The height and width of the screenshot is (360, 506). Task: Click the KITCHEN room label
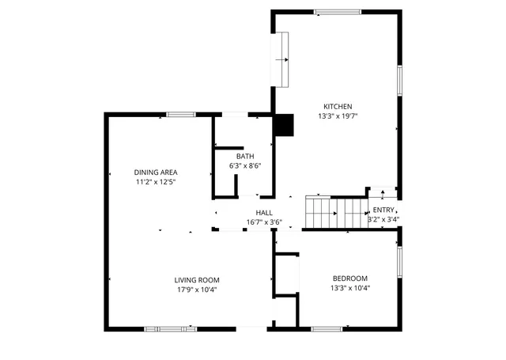pyautogui.click(x=337, y=107)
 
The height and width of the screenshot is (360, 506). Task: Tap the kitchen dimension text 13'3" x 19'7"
pyautogui.click(x=337, y=117)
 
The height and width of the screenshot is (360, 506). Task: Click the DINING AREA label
pyautogui.click(x=155, y=172)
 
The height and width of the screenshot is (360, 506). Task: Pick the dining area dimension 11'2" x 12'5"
pyautogui.click(x=155, y=182)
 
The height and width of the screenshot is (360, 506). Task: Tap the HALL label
pyautogui.click(x=264, y=213)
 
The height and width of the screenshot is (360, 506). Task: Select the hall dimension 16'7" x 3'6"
pyautogui.click(x=264, y=222)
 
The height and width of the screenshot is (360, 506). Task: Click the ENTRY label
pyautogui.click(x=383, y=210)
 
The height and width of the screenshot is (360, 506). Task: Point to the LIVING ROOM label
pyautogui.click(x=197, y=280)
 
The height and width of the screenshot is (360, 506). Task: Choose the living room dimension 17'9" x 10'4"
pyautogui.click(x=197, y=290)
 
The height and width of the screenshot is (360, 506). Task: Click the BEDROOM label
pyautogui.click(x=350, y=279)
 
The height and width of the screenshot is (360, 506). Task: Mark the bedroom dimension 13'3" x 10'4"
pyautogui.click(x=350, y=288)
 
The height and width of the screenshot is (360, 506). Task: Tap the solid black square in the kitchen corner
pyautogui.click(x=282, y=126)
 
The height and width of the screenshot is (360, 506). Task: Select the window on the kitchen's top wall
pyautogui.click(x=338, y=12)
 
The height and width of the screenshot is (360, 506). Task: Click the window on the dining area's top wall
pyautogui.click(x=180, y=115)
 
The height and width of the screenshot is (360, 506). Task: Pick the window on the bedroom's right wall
pyautogui.click(x=400, y=261)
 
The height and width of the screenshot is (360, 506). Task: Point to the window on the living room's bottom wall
pyautogui.click(x=170, y=328)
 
